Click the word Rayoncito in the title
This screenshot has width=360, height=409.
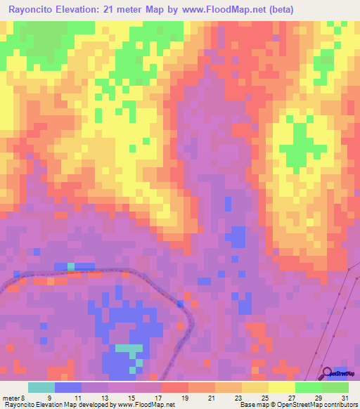(x=34, y=9)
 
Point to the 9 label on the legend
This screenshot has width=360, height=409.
(x=49, y=397)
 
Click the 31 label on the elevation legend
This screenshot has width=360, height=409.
(x=344, y=397)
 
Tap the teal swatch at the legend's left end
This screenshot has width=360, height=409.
(x=41, y=387)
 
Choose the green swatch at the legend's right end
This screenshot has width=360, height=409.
(x=335, y=387)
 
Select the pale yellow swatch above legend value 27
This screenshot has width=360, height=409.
(x=282, y=387)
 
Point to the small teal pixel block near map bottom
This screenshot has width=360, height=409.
(x=128, y=348)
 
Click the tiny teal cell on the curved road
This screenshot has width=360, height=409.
(x=71, y=266)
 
